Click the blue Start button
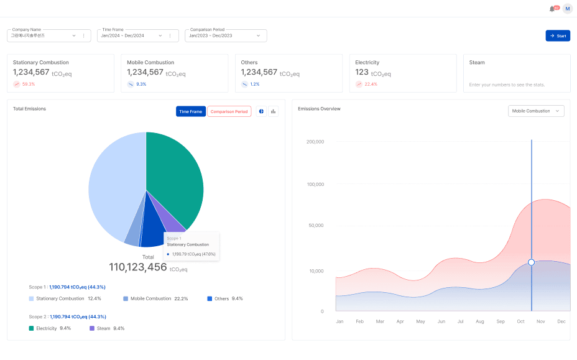click(x=558, y=35)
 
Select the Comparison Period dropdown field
click(x=225, y=35)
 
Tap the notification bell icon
click(x=552, y=9)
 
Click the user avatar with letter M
click(x=567, y=9)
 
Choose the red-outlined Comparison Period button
click(x=229, y=111)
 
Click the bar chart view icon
click(x=273, y=111)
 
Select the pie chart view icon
click(x=261, y=111)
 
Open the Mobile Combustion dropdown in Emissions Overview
click(x=536, y=111)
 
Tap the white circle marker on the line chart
click(x=531, y=262)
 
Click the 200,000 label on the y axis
click(x=315, y=142)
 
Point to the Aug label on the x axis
click(x=479, y=321)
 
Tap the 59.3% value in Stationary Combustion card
click(x=29, y=84)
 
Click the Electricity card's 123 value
click(x=362, y=72)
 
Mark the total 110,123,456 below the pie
click(x=138, y=267)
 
